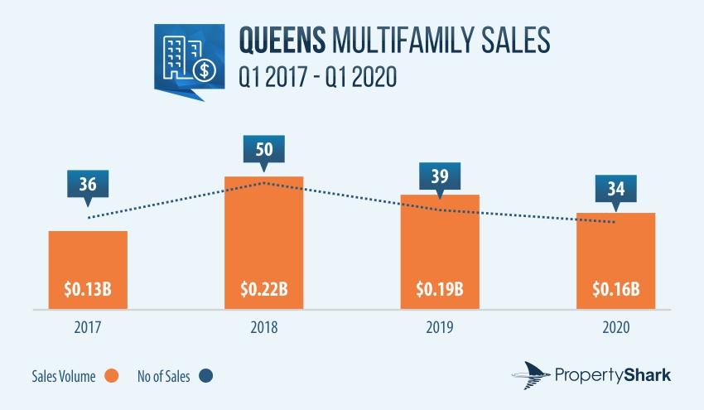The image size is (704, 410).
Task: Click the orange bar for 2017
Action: [x=88, y=270]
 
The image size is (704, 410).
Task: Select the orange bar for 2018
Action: [x=264, y=243]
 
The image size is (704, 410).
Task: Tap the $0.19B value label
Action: [x=440, y=289]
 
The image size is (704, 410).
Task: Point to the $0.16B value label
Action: [x=616, y=289]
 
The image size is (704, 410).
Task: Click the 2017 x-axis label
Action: [x=88, y=327]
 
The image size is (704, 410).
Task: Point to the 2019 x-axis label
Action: [x=440, y=327]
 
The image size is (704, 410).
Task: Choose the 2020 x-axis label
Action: [x=616, y=327]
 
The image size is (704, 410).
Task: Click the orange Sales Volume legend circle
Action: [x=111, y=376]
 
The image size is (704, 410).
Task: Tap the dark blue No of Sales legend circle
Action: [x=205, y=376]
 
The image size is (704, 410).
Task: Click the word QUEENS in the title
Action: [x=282, y=40]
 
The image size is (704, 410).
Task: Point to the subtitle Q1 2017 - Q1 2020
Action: [x=317, y=77]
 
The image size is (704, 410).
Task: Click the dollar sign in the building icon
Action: [x=205, y=70]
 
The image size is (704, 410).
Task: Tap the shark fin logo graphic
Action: [x=531, y=375]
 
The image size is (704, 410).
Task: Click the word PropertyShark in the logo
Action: [x=613, y=375]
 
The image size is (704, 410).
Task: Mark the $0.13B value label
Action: [x=88, y=289]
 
